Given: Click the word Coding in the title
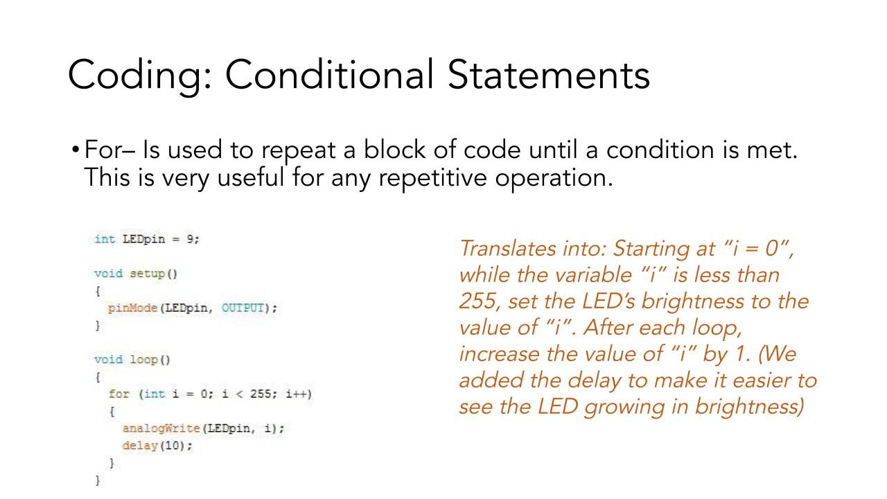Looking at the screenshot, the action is tap(140, 76).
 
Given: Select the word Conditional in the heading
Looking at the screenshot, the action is tap(329, 74).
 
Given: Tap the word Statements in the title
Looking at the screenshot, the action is tap(549, 75).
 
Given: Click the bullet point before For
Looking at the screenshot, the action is tap(76, 150).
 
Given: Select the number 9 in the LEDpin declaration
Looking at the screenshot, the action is tap(191, 239).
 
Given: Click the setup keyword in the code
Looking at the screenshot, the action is tap(147, 274).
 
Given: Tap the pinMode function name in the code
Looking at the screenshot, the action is tap(132, 308).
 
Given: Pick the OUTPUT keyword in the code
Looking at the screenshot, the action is tap(243, 308).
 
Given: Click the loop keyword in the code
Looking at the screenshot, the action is tap(143, 360).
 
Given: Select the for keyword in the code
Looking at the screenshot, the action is tap(118, 394).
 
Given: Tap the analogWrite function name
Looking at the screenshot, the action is tap(161, 428).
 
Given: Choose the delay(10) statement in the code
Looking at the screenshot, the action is tap(157, 446).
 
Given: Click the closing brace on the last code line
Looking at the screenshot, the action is tap(98, 480).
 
